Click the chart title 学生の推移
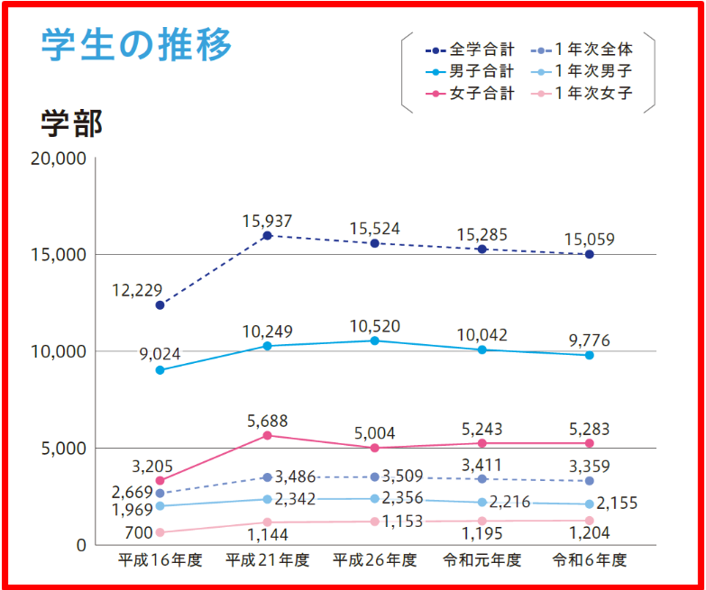(135, 44)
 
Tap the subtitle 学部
(71, 123)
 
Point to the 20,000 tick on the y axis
(57, 159)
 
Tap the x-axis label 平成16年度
(160, 560)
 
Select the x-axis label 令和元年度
(481, 560)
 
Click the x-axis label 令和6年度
(589, 560)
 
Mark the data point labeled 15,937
(267, 235)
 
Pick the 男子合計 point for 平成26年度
(374, 340)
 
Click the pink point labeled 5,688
(267, 435)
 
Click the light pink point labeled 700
(160, 532)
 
